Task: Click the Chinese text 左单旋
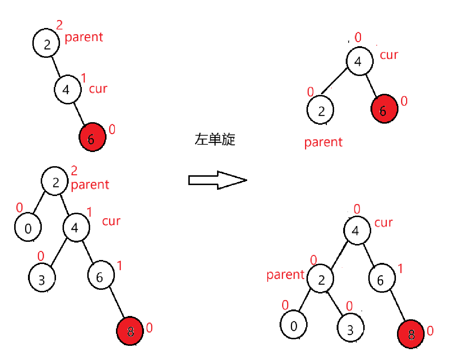[x=215, y=139]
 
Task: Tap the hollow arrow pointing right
[x=217, y=180]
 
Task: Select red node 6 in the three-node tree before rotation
[x=92, y=137]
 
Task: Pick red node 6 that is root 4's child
[x=384, y=109]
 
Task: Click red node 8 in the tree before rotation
[x=130, y=331]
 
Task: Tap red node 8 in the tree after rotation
[x=411, y=334]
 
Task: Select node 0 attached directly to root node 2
[x=28, y=228]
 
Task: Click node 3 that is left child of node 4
[x=42, y=279]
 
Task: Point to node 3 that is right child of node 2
[x=350, y=329]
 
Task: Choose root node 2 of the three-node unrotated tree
[x=46, y=44]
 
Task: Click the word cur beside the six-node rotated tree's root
[x=384, y=223]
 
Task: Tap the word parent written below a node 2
[x=323, y=142]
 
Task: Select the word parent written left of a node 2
[x=285, y=275]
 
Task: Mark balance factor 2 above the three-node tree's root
[x=59, y=25]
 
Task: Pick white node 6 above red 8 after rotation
[x=382, y=279]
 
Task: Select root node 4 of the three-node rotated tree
[x=359, y=61]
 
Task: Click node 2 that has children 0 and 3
[x=320, y=279]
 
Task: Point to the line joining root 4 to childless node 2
[x=335, y=80]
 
